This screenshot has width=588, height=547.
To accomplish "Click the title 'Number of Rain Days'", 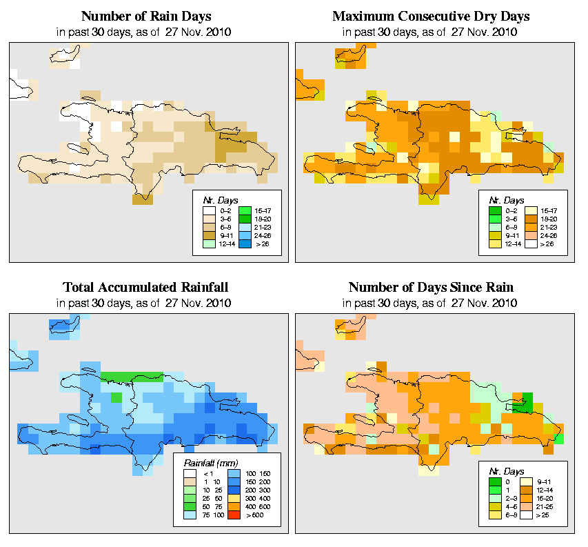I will click(x=146, y=16).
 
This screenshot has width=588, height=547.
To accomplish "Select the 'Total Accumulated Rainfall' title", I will click(x=146, y=287).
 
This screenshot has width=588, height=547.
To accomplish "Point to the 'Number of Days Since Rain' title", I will click(x=431, y=287).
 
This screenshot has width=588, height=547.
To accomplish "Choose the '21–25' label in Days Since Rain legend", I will click(x=549, y=506).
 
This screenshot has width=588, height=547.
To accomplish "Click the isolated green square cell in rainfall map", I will click(x=116, y=397).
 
